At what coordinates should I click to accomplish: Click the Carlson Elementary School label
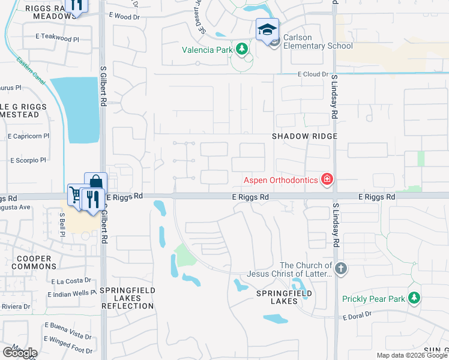(318, 41)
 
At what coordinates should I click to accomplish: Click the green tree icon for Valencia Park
(242, 49)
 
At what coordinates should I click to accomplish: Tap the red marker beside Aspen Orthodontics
(327, 179)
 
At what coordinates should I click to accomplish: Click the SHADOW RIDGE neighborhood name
(304, 136)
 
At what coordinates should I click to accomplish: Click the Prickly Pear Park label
(373, 299)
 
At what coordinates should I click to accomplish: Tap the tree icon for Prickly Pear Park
(414, 298)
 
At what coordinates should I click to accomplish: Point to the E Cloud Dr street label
(313, 74)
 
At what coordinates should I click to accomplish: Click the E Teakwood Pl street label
(57, 38)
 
